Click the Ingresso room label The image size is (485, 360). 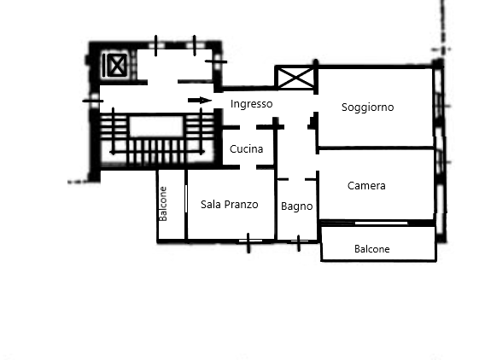click(x=252, y=104)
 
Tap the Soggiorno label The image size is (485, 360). click(x=367, y=107)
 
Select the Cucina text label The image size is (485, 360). click(x=246, y=149)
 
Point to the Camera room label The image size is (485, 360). click(x=366, y=186)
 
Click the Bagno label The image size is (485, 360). click(x=296, y=206)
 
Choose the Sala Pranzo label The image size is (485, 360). click(x=229, y=205)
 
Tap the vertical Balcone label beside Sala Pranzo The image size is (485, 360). click(x=163, y=204)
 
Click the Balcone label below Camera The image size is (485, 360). click(x=371, y=249)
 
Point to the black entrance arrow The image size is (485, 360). click(x=200, y=100)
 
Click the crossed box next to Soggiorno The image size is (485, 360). click(x=295, y=78)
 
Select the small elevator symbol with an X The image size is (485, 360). click(x=117, y=65)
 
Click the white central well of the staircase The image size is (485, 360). click(x=156, y=126)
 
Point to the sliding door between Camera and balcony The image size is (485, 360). click(x=381, y=223)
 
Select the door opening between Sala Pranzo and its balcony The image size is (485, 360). click(x=186, y=199)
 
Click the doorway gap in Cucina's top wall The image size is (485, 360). click(x=248, y=127)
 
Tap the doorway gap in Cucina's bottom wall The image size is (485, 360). click(x=248, y=167)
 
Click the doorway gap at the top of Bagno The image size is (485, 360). click(x=296, y=179)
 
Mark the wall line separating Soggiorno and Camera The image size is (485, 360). click(x=376, y=148)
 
